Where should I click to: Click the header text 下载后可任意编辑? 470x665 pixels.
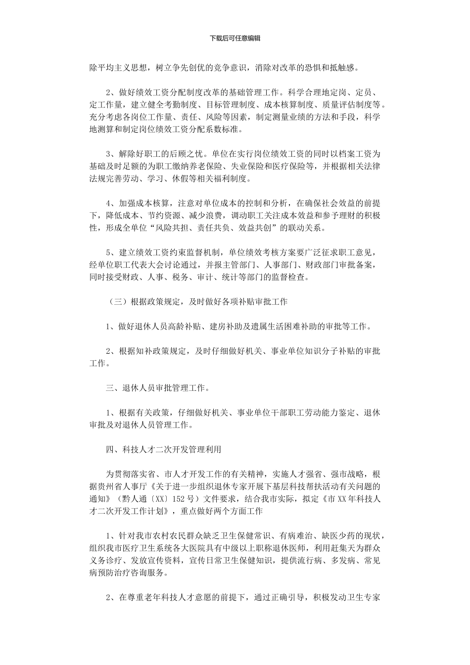235,38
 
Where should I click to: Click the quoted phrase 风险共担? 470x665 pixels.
175,228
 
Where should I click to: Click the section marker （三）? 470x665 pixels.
117,301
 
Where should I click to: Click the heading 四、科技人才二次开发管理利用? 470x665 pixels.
164,449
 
